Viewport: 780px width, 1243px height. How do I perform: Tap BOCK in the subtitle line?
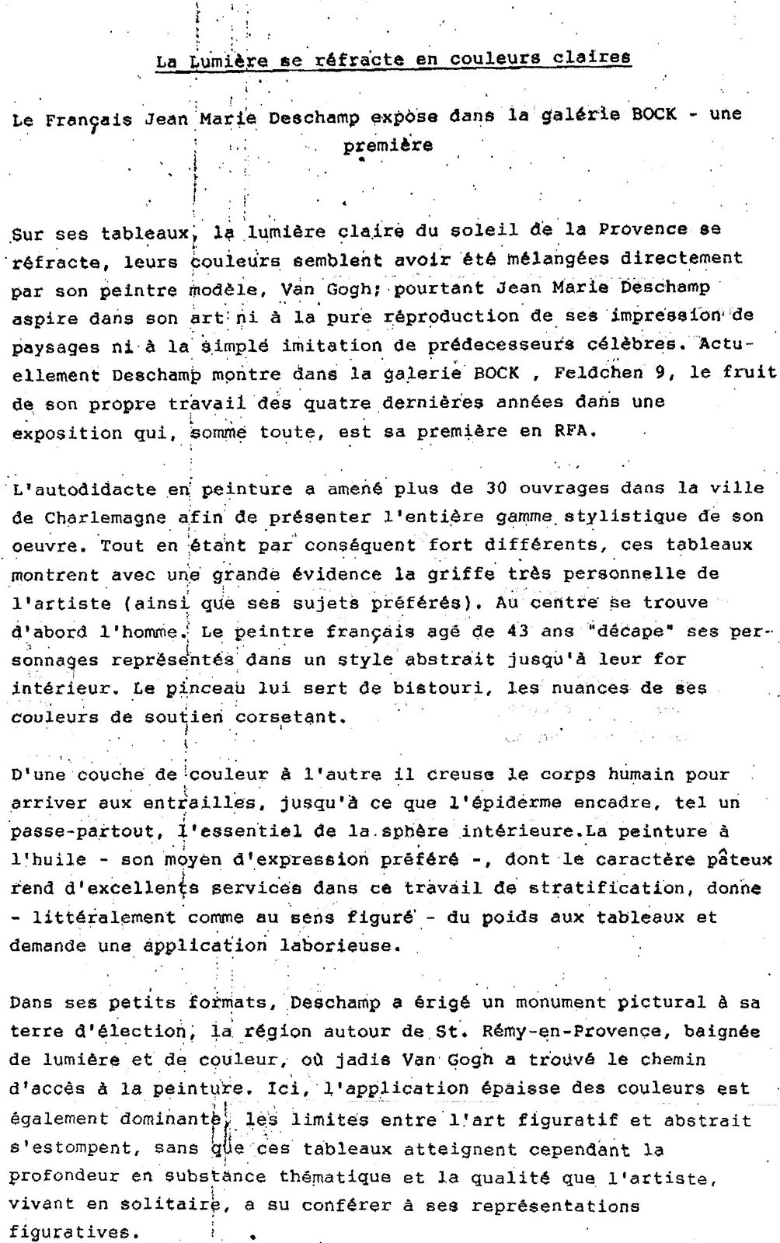[x=654, y=114]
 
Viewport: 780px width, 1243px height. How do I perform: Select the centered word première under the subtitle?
[x=388, y=144]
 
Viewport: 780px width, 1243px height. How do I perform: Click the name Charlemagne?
[x=105, y=517]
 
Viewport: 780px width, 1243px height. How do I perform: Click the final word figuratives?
[x=71, y=1233]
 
